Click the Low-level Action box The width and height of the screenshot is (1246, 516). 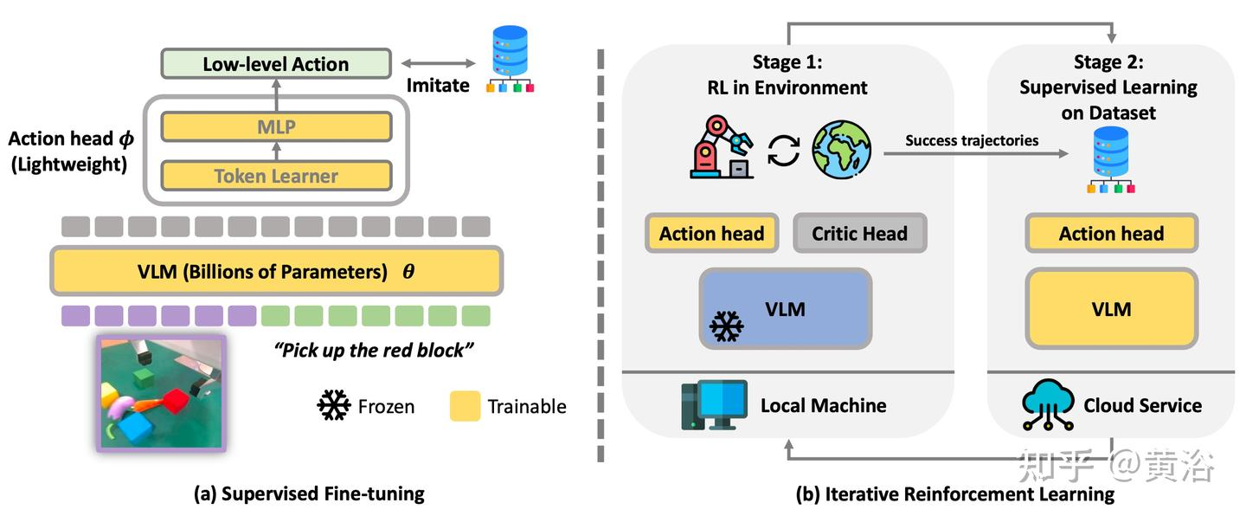click(276, 64)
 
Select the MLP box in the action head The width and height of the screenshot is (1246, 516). click(276, 127)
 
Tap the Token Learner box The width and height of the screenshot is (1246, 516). click(276, 177)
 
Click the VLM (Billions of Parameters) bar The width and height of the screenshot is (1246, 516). click(276, 271)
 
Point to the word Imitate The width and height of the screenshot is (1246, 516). click(437, 85)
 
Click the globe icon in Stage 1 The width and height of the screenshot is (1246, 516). click(841, 149)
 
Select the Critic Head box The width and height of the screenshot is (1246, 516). click(859, 233)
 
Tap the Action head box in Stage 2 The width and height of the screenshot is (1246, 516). click(1111, 233)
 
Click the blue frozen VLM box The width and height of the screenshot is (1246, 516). click(785, 309)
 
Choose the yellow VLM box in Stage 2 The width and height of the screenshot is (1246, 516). click(1111, 309)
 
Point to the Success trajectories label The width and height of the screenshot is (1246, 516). click(972, 140)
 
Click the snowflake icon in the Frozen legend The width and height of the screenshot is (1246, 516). click(334, 405)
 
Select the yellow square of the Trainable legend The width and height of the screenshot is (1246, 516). click(466, 405)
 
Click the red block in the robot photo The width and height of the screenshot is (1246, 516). click(176, 402)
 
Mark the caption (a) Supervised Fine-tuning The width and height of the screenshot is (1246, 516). click(309, 494)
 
